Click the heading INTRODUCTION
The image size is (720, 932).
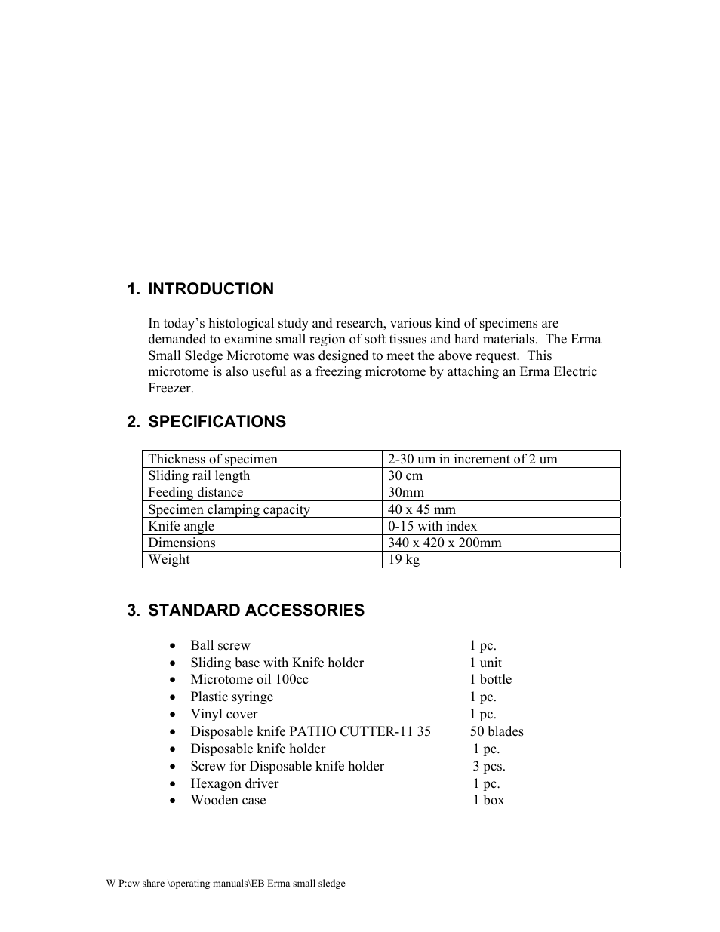211,289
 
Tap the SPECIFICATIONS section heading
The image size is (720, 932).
217,422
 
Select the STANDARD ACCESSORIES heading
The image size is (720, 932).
256,611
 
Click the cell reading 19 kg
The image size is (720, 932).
404,560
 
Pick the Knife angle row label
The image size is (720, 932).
181,526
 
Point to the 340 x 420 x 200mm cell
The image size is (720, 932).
445,543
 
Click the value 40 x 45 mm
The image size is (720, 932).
422,509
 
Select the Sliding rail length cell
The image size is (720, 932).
199,475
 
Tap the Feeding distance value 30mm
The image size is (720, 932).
406,492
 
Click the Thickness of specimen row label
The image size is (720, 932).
213,459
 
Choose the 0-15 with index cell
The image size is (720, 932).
432,526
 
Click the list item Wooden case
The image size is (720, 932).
228,800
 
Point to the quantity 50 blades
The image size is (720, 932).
497,731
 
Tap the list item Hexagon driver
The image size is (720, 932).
234,783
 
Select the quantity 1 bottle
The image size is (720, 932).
491,679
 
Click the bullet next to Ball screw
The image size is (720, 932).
174,646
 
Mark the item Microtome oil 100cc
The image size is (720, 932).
249,679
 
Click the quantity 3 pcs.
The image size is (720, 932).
489,766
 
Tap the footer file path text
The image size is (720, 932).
226,884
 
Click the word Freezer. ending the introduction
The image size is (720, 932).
171,389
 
